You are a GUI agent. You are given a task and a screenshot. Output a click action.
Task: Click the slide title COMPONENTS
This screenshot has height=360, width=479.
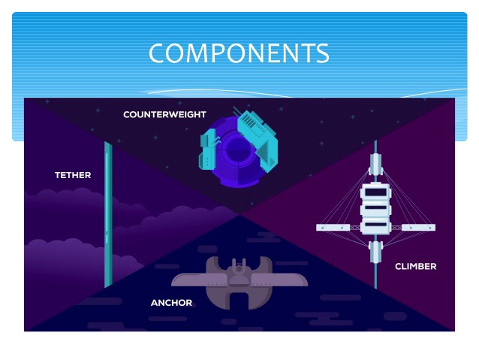pos(239,53)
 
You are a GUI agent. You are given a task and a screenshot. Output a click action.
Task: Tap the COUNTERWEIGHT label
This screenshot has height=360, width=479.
pos(164,115)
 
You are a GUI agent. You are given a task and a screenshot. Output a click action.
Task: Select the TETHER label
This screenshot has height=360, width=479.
pos(73,175)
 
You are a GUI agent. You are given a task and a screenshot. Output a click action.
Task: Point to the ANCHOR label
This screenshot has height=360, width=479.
pos(171,303)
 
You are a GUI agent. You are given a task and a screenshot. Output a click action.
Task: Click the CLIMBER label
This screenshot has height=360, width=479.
pos(415,266)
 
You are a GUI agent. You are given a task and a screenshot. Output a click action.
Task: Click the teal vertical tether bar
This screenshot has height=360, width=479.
pos(109,214)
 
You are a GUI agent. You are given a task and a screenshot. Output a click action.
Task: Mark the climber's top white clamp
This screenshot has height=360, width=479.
pos(375,162)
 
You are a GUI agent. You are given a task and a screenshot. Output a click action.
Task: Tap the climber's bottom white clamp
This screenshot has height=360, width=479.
pos(375,251)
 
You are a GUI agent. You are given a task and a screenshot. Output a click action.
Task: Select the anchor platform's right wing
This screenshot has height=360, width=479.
pos(284,279)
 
